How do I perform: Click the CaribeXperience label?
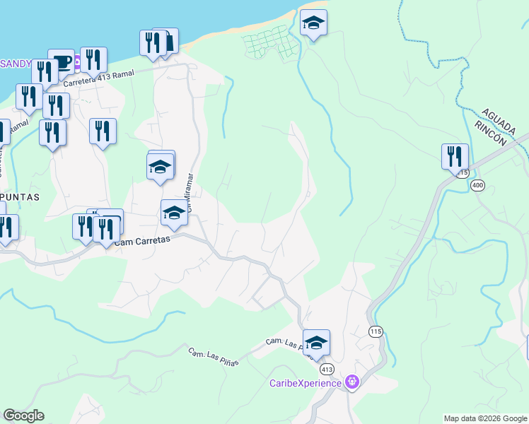pyautogui.click(x=306, y=384)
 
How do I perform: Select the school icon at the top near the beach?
pyautogui.click(x=313, y=24)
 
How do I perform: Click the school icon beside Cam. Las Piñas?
pyautogui.click(x=316, y=343)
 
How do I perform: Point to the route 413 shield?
pyautogui.click(x=326, y=369)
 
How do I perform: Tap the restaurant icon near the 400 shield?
pyautogui.click(x=455, y=158)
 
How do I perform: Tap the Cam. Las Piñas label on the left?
pyautogui.click(x=213, y=357)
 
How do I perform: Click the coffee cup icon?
pyautogui.click(x=62, y=62)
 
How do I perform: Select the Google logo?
pyautogui.click(x=24, y=416)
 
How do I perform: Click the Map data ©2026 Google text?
pyautogui.click(x=485, y=418)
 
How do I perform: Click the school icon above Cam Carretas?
pyautogui.click(x=174, y=213)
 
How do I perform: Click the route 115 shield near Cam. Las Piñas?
pyautogui.click(x=374, y=331)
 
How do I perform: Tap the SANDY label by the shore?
pyautogui.click(x=16, y=64)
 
